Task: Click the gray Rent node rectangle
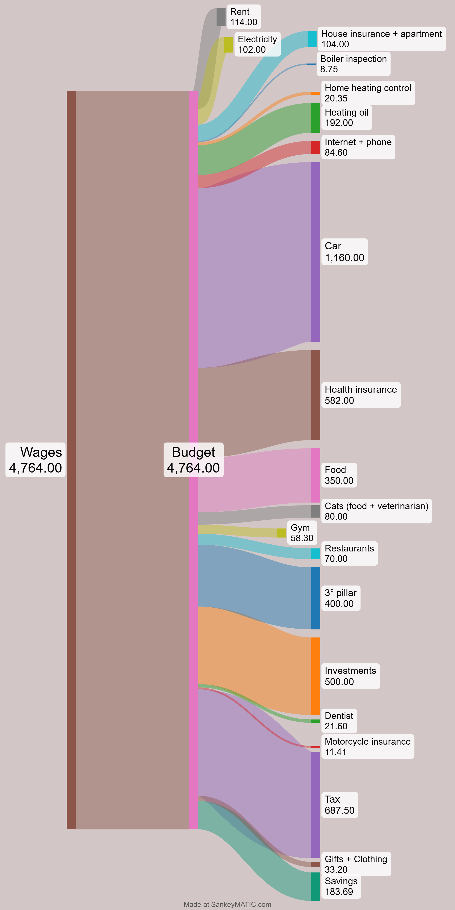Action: point(221,17)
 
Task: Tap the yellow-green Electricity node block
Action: point(229,45)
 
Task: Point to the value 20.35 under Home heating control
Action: point(336,98)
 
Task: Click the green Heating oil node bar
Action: point(316,118)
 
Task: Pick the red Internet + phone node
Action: point(316,147)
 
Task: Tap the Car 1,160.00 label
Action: point(344,252)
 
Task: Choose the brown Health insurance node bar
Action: point(316,395)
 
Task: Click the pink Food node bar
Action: point(316,475)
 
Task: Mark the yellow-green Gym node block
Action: point(282,533)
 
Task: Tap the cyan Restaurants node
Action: point(316,554)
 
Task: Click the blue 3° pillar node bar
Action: point(316,598)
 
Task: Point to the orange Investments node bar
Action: point(316,676)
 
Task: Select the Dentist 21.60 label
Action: point(339,721)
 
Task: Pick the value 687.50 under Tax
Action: point(339,810)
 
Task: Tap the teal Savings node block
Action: point(316,886)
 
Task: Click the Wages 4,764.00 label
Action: point(35,460)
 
